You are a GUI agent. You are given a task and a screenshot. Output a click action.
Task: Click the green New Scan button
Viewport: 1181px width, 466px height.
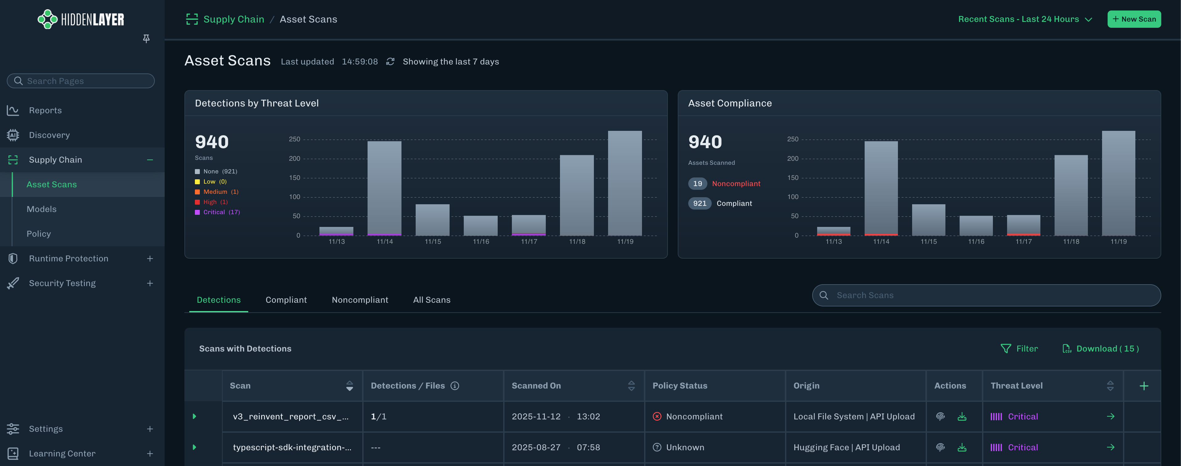coord(1134,19)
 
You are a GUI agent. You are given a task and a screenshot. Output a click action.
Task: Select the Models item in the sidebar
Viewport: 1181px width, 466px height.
coord(42,209)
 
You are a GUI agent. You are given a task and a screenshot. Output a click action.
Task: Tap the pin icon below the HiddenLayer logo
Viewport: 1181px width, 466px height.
coord(146,39)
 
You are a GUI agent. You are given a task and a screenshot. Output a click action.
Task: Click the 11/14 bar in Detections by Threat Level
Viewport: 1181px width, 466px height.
coord(384,188)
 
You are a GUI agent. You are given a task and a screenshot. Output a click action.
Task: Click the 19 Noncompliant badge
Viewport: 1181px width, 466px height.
coord(724,183)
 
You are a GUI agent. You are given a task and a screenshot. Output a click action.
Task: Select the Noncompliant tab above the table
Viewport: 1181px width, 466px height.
coord(360,300)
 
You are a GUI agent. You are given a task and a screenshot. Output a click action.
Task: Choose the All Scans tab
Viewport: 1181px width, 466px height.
coord(431,300)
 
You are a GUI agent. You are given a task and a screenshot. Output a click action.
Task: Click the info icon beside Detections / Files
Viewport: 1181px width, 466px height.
coord(455,386)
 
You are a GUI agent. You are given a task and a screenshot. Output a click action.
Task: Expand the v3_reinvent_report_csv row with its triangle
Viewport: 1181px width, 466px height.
coord(194,416)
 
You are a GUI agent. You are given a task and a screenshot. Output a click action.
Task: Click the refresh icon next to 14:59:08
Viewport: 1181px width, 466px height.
coord(390,61)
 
